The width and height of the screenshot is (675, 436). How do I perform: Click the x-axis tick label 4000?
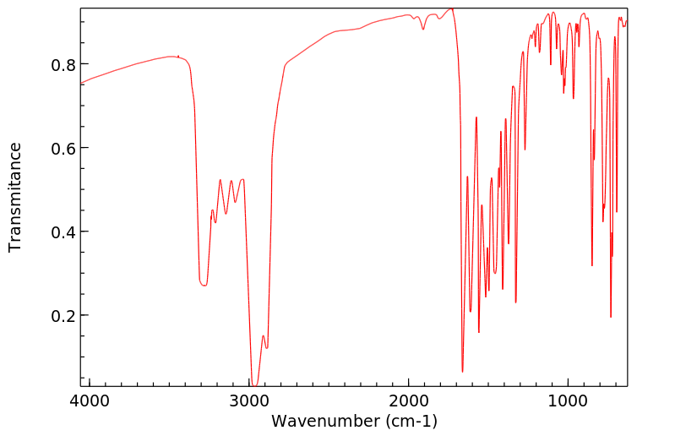pos(90,401)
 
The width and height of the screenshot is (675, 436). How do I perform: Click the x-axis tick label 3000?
pos(249,401)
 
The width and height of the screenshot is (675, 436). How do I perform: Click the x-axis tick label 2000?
pos(409,401)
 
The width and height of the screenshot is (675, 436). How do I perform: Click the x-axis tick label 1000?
pos(568,401)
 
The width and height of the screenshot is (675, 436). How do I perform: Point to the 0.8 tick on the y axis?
pos(65,65)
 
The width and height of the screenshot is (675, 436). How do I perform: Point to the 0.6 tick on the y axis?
pos(65,149)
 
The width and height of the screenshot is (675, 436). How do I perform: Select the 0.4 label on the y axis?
pos(65,232)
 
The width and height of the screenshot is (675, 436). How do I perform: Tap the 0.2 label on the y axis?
pos(65,316)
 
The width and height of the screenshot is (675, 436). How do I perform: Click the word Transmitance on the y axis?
pos(15,197)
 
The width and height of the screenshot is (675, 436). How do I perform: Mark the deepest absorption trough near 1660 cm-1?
pos(462,371)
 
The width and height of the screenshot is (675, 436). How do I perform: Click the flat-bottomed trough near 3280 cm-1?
pos(204,286)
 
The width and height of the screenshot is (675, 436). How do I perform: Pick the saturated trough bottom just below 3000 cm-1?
pos(253,384)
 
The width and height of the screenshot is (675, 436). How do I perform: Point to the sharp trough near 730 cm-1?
pos(611,317)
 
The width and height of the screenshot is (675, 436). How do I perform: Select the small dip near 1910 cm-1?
pos(423,30)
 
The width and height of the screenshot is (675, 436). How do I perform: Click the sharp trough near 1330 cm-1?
pos(515,302)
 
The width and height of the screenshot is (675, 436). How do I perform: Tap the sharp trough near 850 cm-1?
pos(591,265)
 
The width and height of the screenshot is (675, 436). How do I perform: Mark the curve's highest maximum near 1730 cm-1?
pos(452,8)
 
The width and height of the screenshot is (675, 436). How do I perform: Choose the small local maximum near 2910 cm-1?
pos(263,336)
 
